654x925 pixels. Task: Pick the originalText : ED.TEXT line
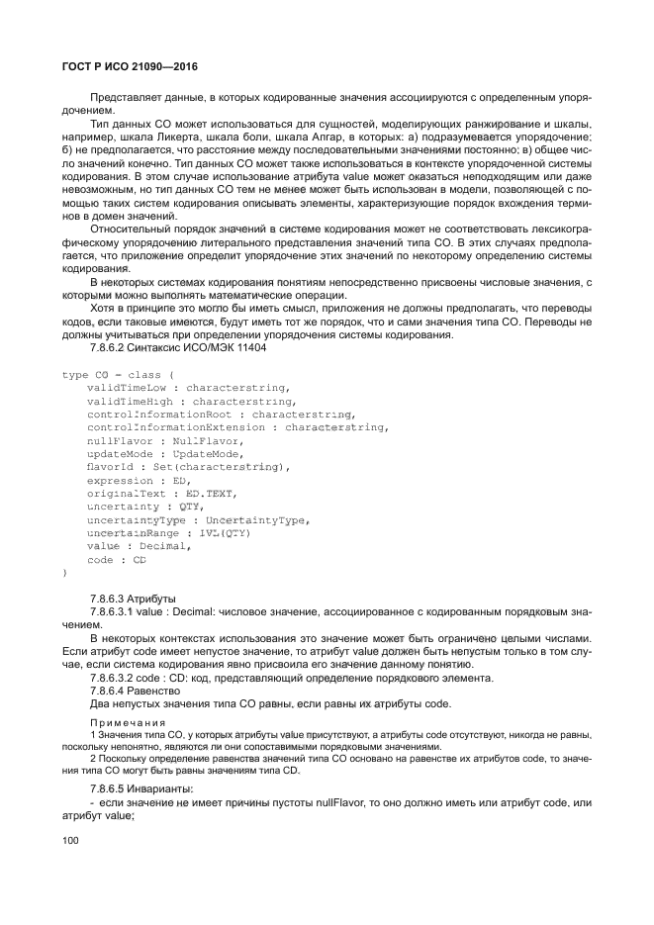pyautogui.click(x=162, y=493)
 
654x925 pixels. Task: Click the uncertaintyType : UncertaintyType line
pyautogui.click(x=199, y=519)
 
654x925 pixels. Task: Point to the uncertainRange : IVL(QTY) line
pyautogui.click(x=169, y=532)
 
